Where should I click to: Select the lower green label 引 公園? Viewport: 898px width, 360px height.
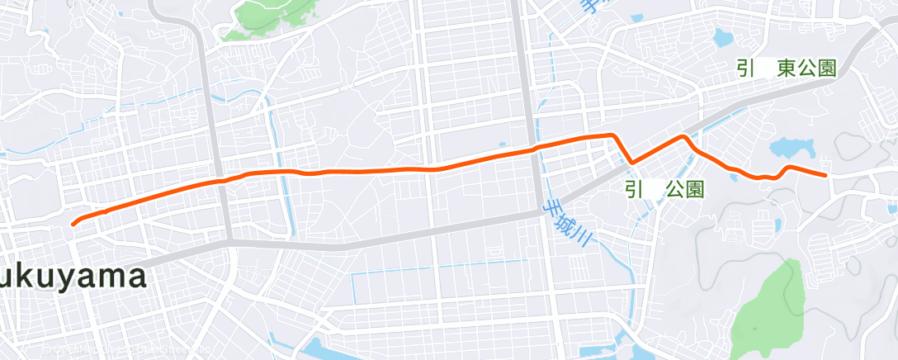coord(664,190)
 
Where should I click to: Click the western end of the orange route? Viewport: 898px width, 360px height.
coord(74,223)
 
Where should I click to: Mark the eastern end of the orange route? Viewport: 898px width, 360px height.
coord(825,175)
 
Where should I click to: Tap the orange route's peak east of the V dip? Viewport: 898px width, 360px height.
coord(683,136)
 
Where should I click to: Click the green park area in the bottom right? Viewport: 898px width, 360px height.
coord(768,306)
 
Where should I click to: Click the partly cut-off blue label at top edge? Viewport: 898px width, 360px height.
coord(588,7)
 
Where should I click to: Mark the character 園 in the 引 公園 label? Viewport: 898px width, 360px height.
coord(695,190)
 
